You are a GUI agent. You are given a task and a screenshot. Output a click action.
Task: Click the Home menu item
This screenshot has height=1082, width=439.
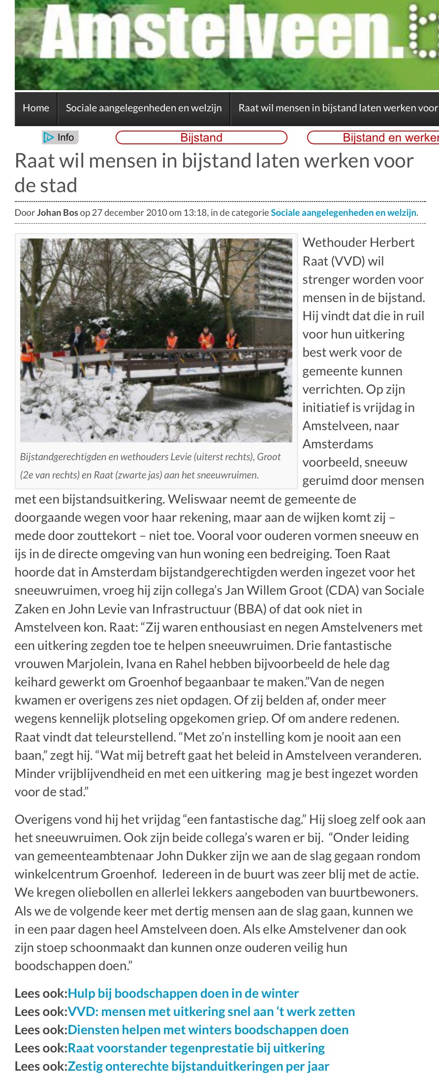point(36,108)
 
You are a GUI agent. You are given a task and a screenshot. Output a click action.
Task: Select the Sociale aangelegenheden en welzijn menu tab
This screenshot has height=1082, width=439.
point(144,108)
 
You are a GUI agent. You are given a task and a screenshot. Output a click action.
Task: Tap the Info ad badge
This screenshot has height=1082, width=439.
point(61,137)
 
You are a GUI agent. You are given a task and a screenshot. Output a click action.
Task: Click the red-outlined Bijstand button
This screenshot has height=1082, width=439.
point(201,137)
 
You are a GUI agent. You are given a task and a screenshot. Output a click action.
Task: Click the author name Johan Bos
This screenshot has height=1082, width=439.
point(58,213)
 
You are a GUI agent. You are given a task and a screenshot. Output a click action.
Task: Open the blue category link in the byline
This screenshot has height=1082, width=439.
point(344,213)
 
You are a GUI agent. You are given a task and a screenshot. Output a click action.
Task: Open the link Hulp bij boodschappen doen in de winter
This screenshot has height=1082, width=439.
point(183,993)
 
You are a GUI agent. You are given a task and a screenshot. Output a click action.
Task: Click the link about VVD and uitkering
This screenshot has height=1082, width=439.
point(211,1012)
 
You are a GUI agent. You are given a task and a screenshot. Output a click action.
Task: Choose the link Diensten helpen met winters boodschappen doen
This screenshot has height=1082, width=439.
point(208,1030)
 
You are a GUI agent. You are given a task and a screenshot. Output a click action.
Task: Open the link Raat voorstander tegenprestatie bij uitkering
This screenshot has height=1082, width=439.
point(196,1048)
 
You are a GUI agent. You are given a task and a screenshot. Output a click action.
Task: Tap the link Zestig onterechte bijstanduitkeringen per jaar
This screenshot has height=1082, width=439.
point(198,1066)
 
